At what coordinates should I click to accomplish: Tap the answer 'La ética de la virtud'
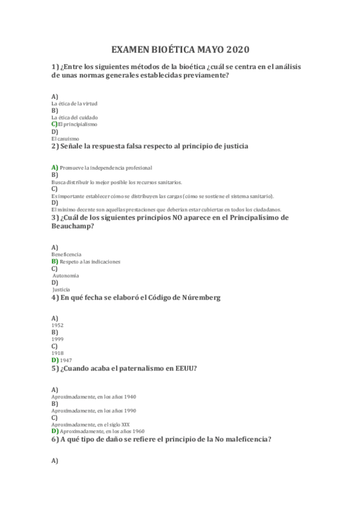pos(75,103)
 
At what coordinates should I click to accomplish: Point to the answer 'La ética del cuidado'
pos(75,117)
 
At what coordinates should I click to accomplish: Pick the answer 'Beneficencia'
pos(67,254)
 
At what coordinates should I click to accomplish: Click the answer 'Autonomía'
pos(66,275)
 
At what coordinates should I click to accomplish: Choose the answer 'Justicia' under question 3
pos(61,289)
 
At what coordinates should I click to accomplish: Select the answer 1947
pos(66,360)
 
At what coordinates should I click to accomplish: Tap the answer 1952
pos(58,325)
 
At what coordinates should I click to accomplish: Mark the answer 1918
pos(58,353)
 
